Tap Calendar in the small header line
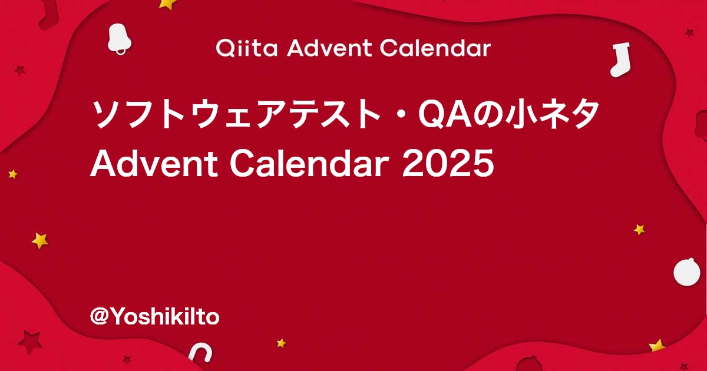[x=435, y=48]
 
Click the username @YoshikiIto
[x=154, y=317]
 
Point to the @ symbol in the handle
[x=98, y=317]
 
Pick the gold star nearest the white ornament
[x=639, y=229]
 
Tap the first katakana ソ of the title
[x=105, y=115]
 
